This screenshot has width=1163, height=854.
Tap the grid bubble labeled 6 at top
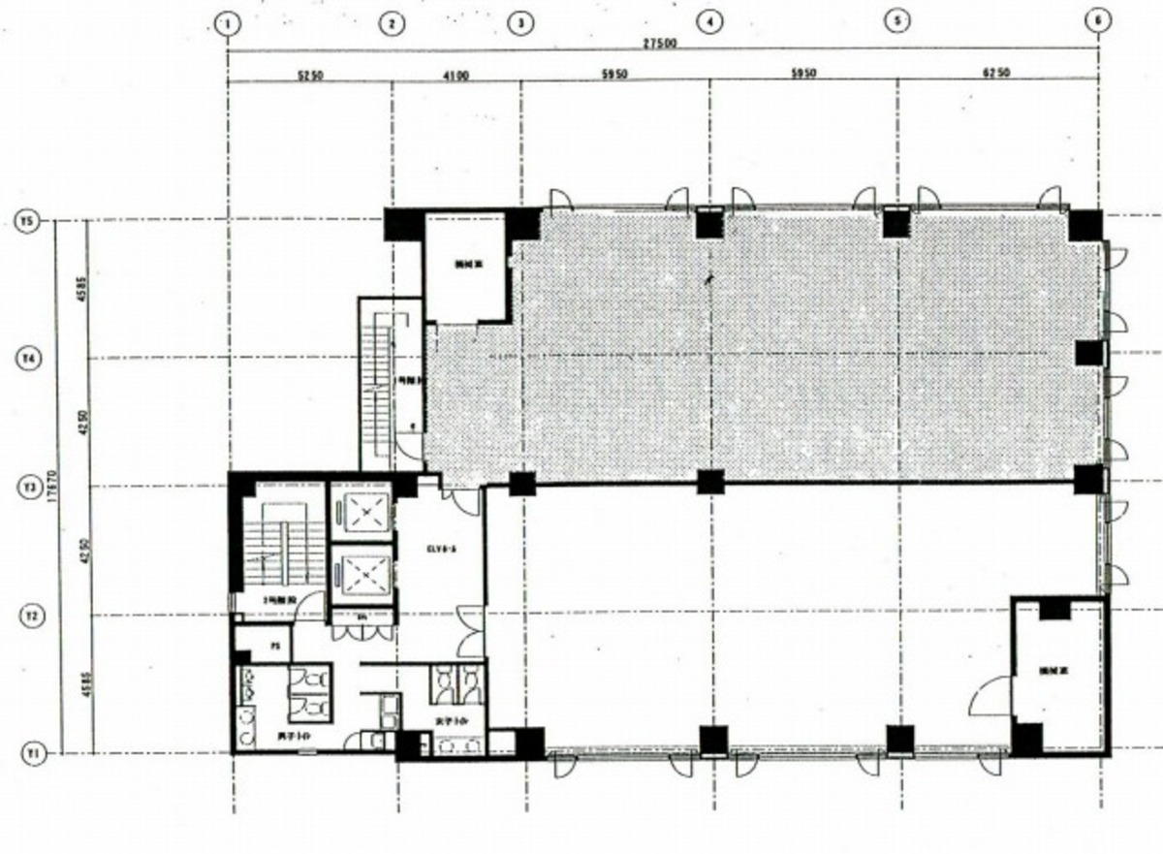[x=1098, y=21]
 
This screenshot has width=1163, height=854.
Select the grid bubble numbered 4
[x=710, y=21]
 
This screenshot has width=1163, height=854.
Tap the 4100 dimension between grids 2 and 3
[x=456, y=74]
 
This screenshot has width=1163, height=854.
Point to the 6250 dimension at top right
[x=997, y=74]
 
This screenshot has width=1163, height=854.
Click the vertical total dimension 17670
[x=59, y=485]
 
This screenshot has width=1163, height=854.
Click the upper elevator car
[x=361, y=511]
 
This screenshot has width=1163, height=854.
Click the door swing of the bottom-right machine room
[x=989, y=696]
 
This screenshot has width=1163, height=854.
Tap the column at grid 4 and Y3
[x=710, y=482]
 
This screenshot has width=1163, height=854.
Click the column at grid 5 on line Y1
[x=900, y=740]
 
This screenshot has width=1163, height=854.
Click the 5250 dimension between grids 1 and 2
[x=310, y=74]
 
